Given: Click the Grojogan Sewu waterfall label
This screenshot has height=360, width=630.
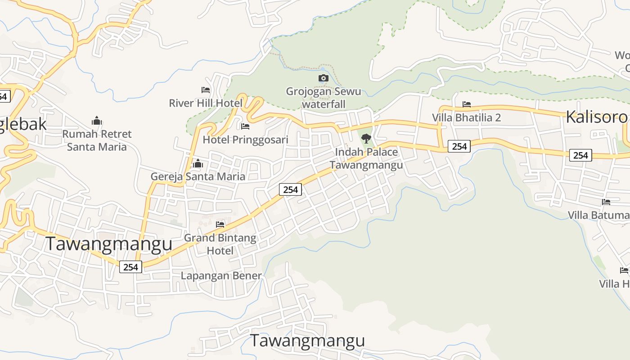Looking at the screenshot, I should coord(323,98).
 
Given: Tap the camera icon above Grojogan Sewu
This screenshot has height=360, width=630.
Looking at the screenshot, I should coord(323,78).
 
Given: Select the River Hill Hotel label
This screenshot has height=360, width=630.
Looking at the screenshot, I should coord(206,103).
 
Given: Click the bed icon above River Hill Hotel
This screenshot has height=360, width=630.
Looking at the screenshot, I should coord(206,90).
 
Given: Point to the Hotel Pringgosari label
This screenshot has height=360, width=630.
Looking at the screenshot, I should coord(245,139).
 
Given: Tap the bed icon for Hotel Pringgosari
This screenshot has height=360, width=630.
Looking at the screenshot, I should coord(245,126).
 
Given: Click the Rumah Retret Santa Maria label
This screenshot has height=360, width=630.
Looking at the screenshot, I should coord(97,140).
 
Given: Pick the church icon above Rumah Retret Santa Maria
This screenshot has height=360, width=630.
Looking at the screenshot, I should coord(97,121).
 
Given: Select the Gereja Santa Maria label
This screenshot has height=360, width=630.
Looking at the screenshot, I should coord(198,176).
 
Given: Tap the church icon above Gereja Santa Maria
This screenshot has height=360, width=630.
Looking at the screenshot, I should coord(198,163).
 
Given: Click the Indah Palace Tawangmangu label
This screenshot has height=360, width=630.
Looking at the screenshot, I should coord(366,158).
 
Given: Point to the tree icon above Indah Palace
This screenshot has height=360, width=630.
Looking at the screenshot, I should coord(366,139).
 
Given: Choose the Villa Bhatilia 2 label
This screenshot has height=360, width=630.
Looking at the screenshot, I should coord(467,117).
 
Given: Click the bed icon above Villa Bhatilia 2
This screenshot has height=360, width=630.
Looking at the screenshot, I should coord(467,104).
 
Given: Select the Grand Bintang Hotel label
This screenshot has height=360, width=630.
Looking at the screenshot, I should coord(220,244).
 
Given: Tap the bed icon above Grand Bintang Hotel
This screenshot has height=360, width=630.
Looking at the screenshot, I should coord(220,224).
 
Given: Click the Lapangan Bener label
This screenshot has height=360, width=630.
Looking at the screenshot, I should coord(221,276).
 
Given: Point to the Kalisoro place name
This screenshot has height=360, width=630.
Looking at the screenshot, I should coord(596,117).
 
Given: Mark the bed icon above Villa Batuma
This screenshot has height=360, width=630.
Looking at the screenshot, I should coord(606,202).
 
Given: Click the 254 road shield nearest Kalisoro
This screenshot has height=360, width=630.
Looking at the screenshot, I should coord(580,155).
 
